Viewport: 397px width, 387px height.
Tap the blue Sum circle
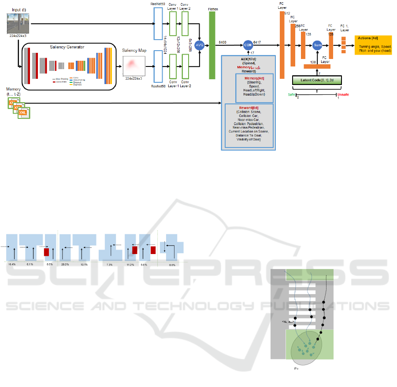tap(318, 45)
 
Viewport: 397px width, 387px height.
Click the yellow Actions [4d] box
tap(373, 45)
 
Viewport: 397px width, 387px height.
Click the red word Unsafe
tap(343, 95)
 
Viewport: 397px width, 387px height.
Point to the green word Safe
tap(292, 95)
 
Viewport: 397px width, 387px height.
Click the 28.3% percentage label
tap(65, 264)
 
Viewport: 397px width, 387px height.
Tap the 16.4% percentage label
tap(12, 264)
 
